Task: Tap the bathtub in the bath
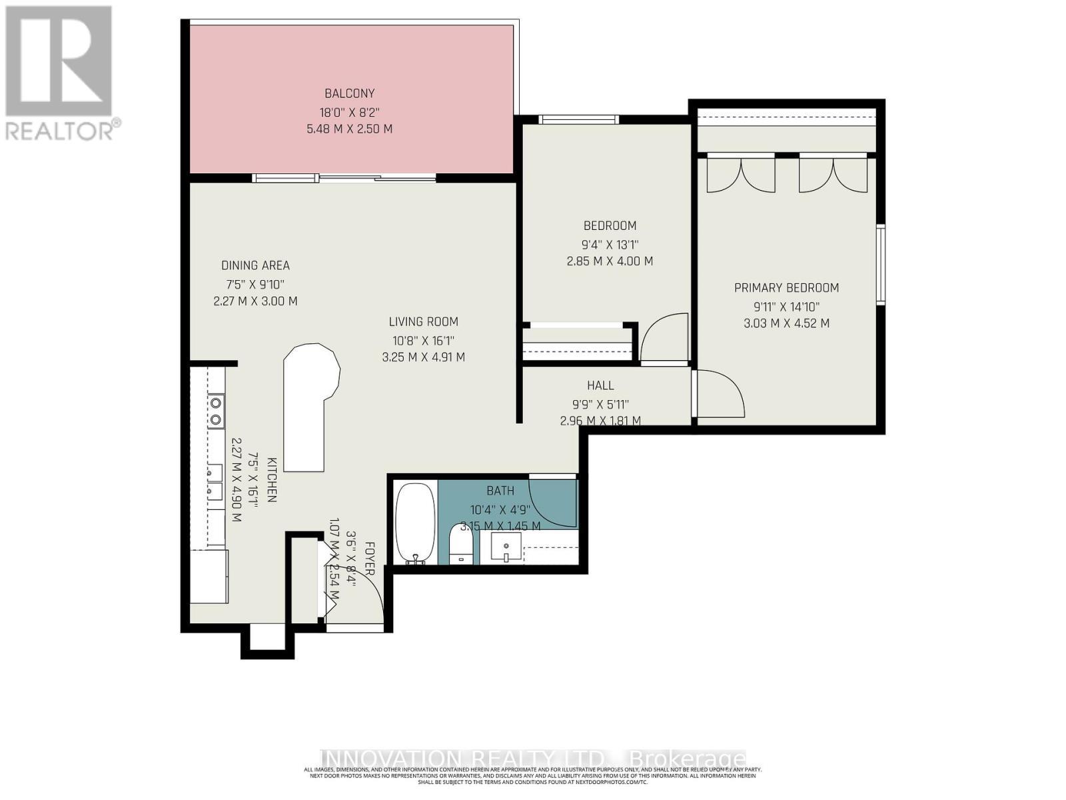(x=415, y=523)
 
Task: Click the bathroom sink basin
(x=506, y=548)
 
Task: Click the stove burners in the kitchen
(x=215, y=411)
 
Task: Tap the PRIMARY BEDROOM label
(x=786, y=288)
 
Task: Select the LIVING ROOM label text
(x=423, y=322)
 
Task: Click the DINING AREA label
(x=255, y=265)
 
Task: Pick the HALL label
(x=600, y=385)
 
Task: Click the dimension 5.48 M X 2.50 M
(x=349, y=129)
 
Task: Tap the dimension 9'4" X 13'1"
(x=610, y=244)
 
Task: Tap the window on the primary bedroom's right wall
(x=881, y=265)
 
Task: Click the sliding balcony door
(x=344, y=178)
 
